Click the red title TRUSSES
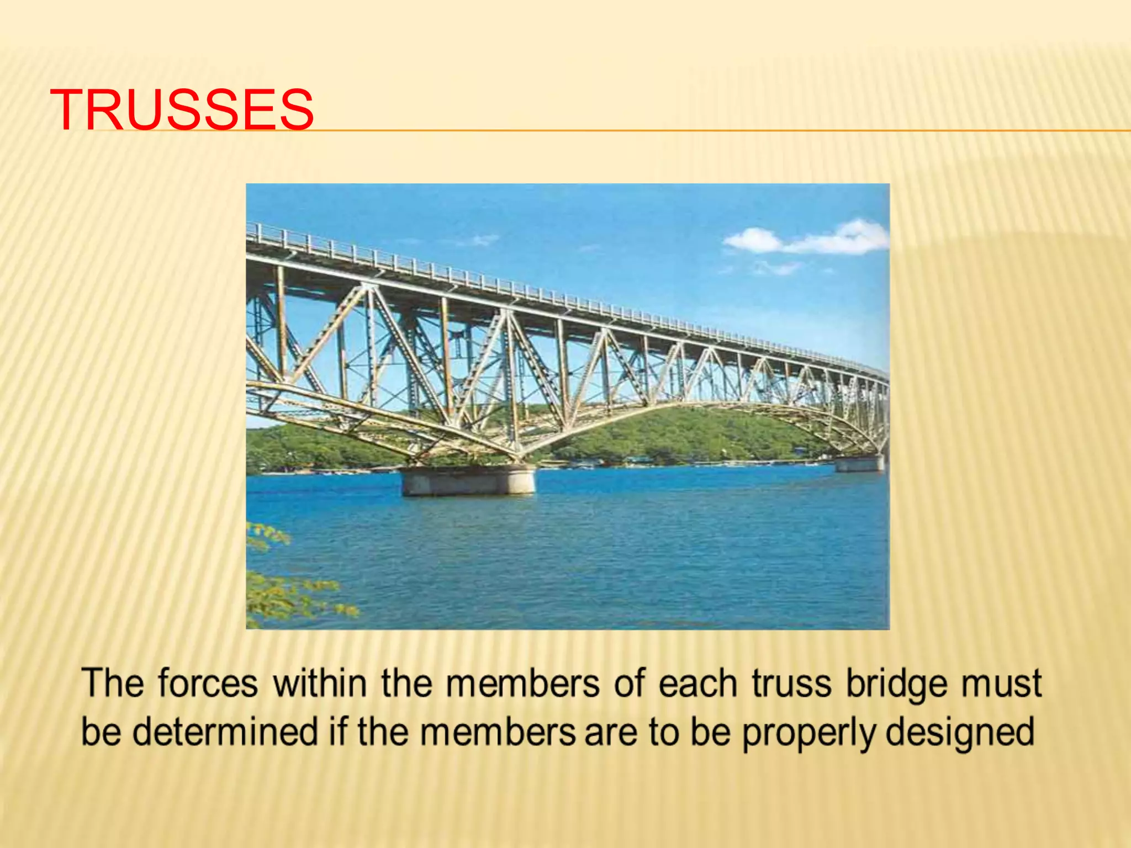[x=182, y=110]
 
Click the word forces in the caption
[x=208, y=683]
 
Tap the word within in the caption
[x=320, y=683]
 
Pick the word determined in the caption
[x=226, y=732]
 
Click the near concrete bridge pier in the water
[x=467, y=480]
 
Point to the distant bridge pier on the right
[x=859, y=464]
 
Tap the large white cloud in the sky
[x=806, y=239]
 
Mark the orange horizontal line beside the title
[x=718, y=131]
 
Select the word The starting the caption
[x=113, y=683]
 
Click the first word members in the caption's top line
[x=522, y=683]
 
